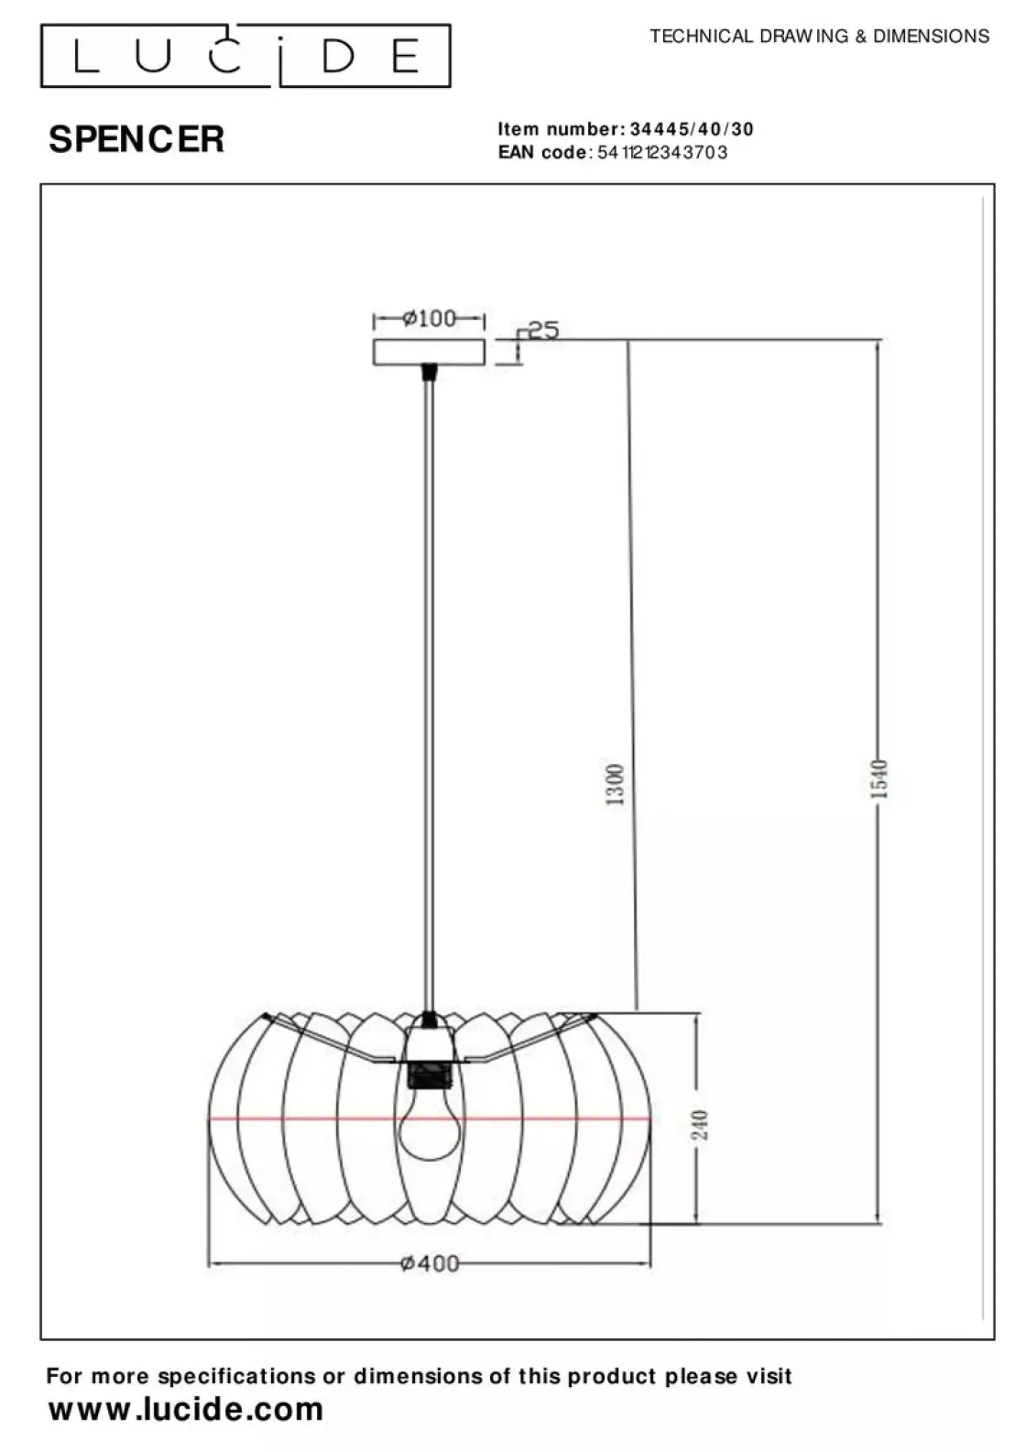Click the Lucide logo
click(x=246, y=56)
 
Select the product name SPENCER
click(x=136, y=138)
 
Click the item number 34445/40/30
click(x=692, y=129)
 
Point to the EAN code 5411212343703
click(x=661, y=152)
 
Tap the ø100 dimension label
click(x=429, y=318)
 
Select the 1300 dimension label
click(x=615, y=784)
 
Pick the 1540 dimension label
click(x=879, y=780)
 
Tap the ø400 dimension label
click(x=430, y=1263)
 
